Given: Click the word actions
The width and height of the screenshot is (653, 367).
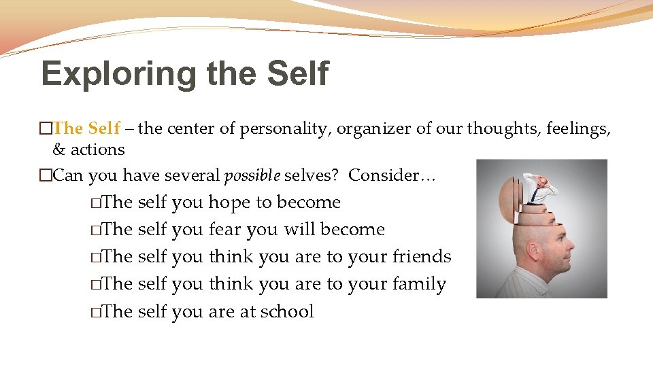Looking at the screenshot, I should click(x=98, y=150).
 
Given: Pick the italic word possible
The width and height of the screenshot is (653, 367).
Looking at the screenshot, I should click(x=252, y=176).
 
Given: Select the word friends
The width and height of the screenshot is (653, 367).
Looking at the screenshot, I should click(x=422, y=257).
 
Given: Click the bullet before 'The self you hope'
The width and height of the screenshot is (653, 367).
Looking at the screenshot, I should click(x=97, y=203).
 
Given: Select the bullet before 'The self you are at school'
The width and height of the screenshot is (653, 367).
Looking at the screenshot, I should click(x=97, y=312).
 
